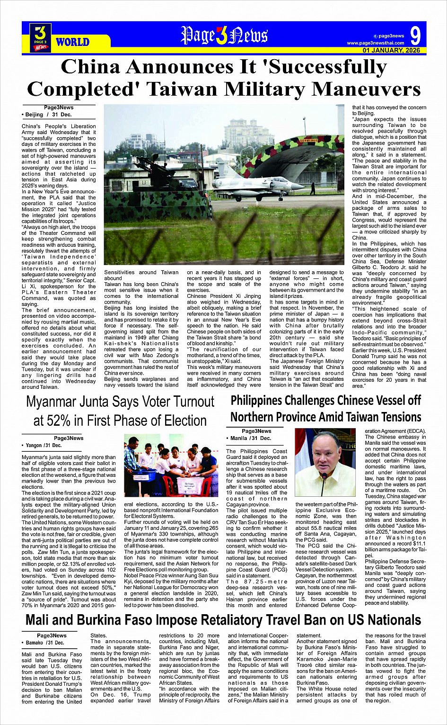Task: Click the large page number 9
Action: (415, 36)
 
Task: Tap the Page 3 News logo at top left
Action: (40, 37)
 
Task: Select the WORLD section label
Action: (72, 42)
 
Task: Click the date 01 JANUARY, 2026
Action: (391, 50)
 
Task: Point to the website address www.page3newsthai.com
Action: (376, 43)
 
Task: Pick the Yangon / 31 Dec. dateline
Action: (42, 446)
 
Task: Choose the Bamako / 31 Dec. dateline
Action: (43, 643)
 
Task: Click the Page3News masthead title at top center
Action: (224, 36)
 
